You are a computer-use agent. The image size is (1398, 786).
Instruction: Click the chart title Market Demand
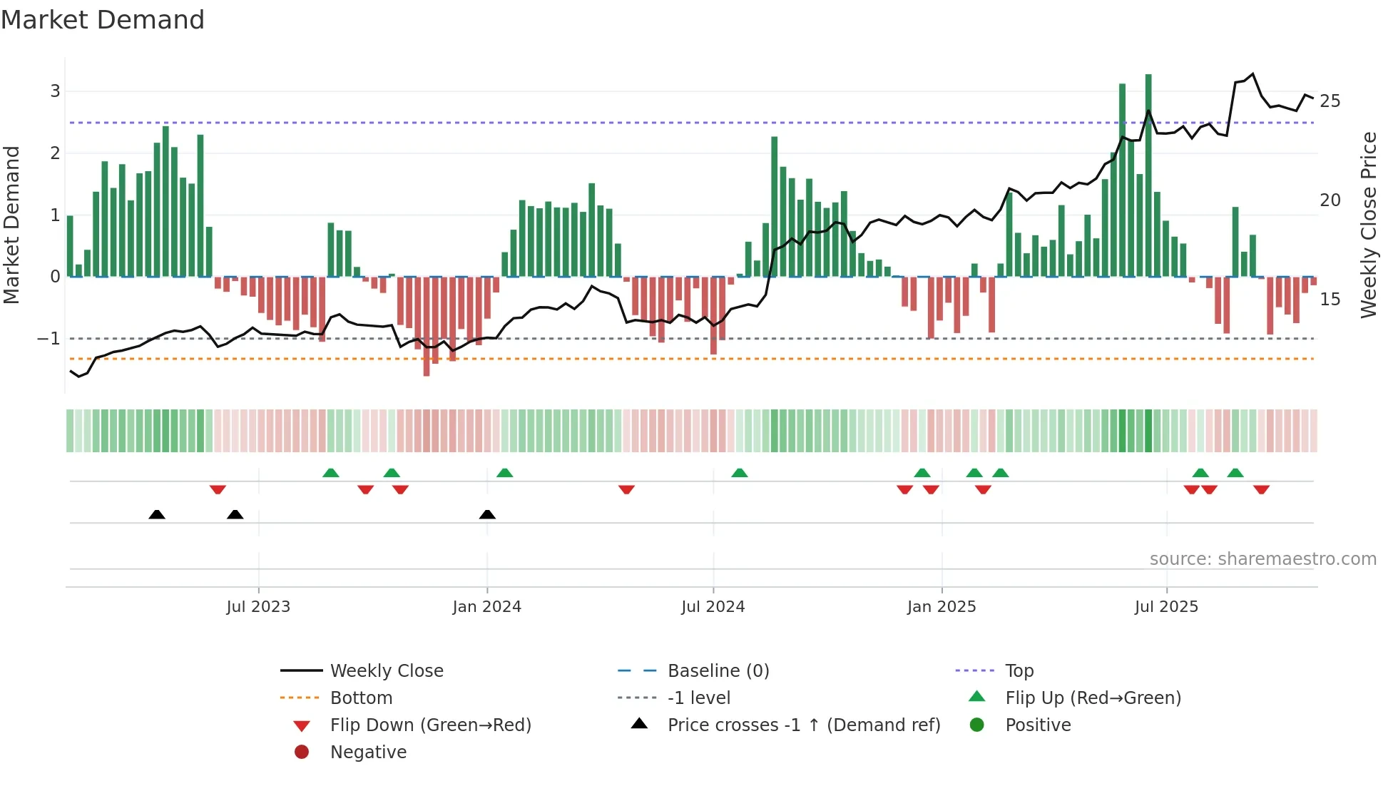coord(103,20)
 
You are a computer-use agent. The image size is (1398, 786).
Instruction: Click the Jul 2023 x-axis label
coord(258,607)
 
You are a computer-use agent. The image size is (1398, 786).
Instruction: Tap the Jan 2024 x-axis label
coord(487,607)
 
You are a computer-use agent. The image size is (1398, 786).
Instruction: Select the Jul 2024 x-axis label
coord(713,607)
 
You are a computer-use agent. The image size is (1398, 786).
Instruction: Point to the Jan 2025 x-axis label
coord(942,607)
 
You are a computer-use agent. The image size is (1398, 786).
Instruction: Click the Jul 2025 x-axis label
coord(1167,607)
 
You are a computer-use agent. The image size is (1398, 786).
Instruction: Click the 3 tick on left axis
coord(55,91)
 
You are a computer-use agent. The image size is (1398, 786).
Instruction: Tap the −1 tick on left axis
coord(49,339)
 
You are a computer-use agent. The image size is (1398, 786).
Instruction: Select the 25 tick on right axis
coord(1330,101)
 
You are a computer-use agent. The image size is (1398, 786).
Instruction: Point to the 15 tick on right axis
coord(1330,300)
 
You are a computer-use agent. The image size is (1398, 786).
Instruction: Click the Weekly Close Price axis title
coord(1369,225)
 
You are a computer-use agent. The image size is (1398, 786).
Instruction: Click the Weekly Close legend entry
coord(387,671)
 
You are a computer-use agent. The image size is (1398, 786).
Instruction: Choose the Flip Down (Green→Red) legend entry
coord(430,725)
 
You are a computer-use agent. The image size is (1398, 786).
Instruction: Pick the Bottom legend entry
coord(361,698)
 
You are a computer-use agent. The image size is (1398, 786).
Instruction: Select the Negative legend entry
coord(368,752)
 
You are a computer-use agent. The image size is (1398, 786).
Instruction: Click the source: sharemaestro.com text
coord(1262,559)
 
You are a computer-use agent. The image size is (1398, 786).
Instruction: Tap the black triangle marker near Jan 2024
coord(487,514)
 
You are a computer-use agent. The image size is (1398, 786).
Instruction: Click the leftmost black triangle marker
coord(157,514)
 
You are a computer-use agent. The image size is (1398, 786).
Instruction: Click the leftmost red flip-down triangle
coord(218,489)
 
